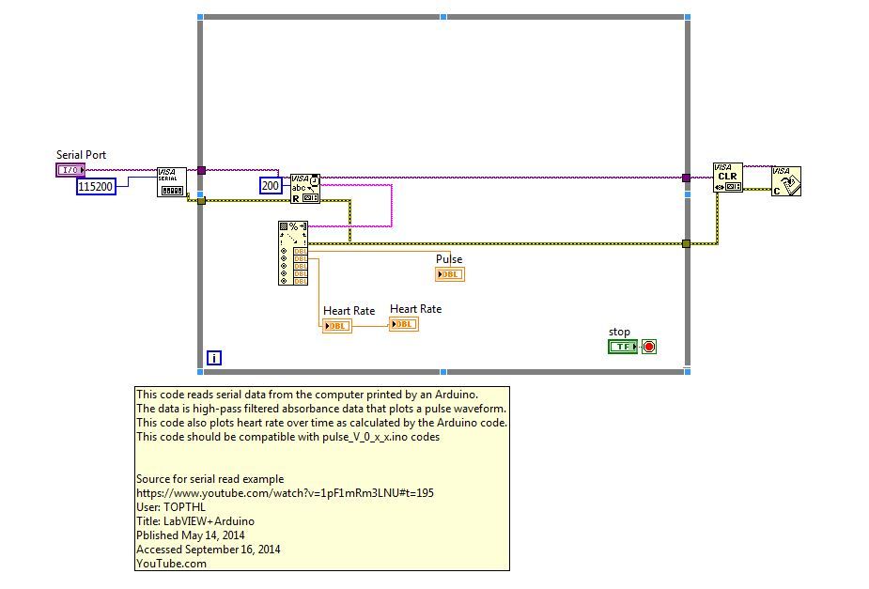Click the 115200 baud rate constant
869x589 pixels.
coord(96,186)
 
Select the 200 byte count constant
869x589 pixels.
coord(271,186)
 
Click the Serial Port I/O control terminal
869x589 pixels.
coord(70,170)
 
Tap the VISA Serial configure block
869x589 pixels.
coord(172,181)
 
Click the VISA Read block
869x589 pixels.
coord(305,189)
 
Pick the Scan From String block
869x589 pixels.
coord(293,254)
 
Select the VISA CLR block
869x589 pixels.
coord(728,178)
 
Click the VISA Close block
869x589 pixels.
coord(786,181)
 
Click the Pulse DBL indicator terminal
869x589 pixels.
coord(449,274)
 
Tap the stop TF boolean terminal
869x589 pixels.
coord(623,347)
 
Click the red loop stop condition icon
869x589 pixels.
coord(649,347)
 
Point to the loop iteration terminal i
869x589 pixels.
coord(214,358)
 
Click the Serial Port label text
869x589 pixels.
coord(81,155)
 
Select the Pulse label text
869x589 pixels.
coord(449,258)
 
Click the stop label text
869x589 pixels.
coord(619,332)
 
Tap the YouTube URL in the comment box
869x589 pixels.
coord(285,493)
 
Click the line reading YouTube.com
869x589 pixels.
coord(171,564)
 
